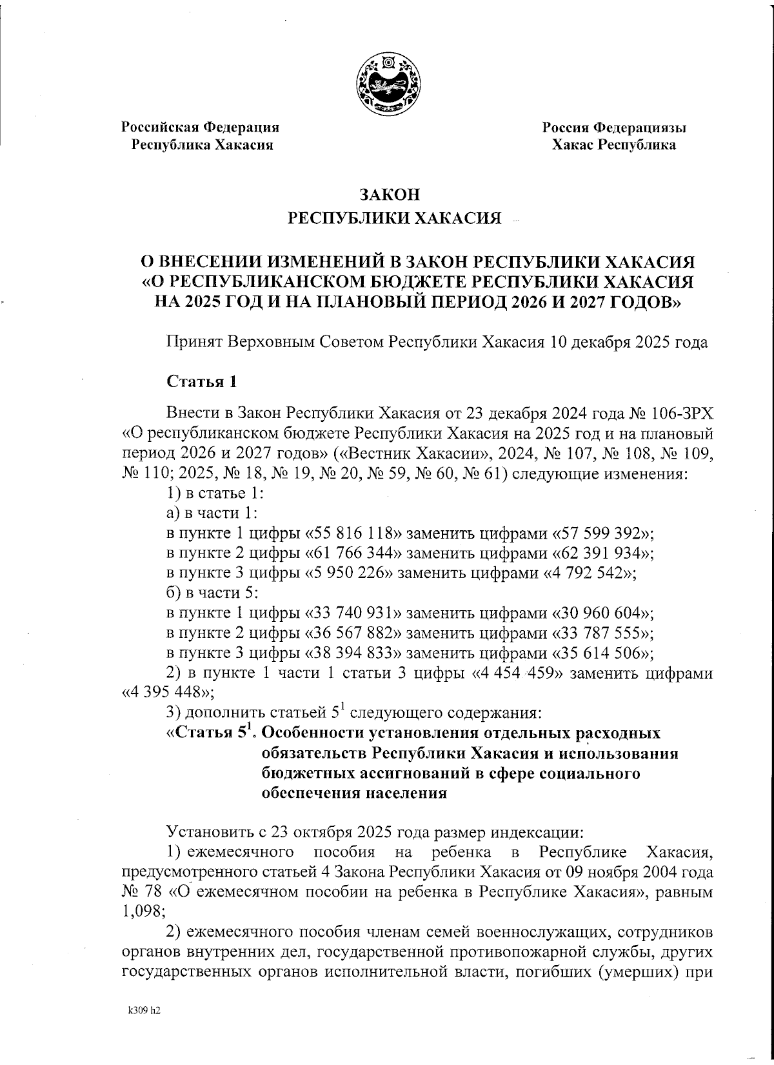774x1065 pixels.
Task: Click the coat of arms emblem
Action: point(387,85)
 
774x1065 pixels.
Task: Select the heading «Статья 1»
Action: point(202,381)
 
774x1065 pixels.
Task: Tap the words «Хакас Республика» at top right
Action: point(613,145)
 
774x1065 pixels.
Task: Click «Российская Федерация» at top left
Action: point(202,128)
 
